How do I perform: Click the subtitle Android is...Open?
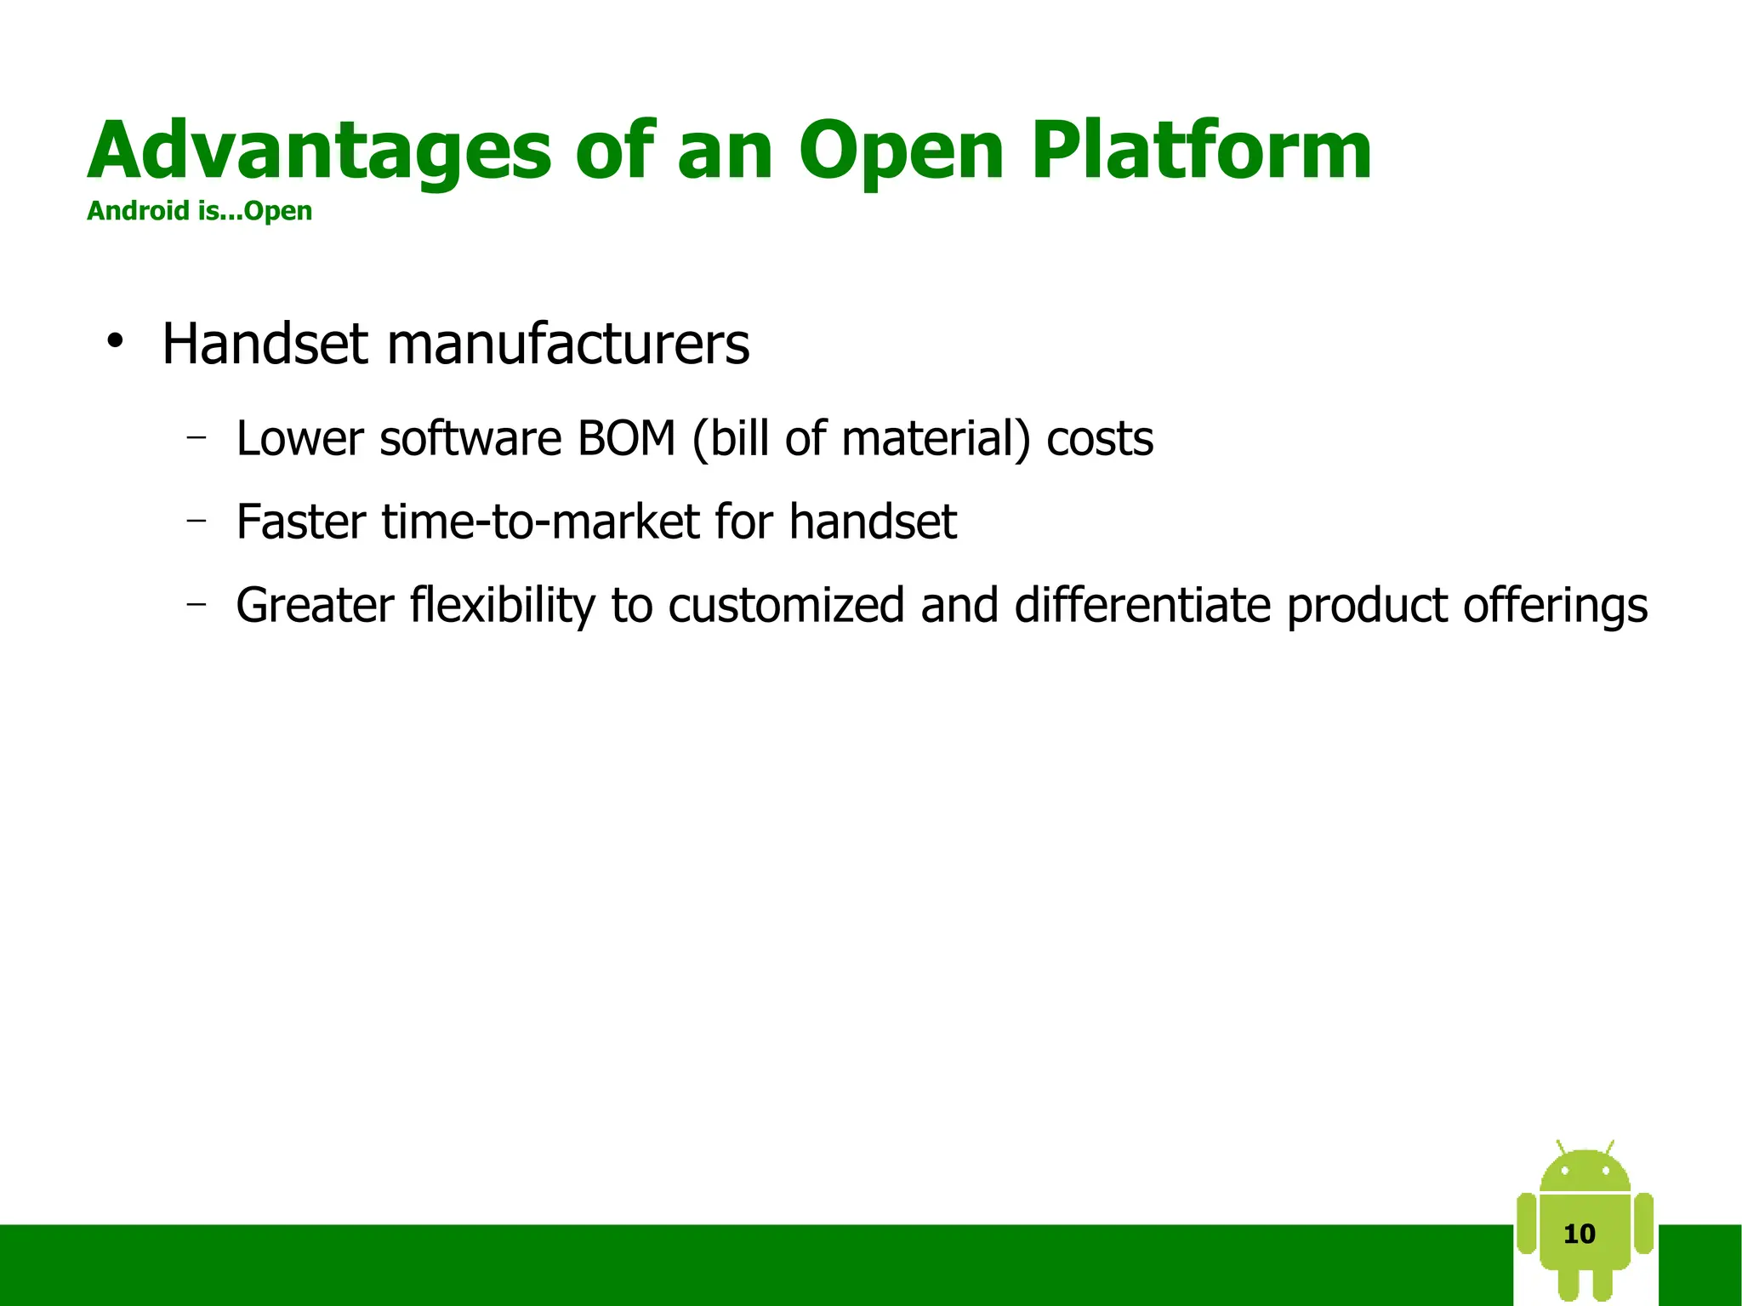[199, 211]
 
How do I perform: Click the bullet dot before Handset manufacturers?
[115, 343]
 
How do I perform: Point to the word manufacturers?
[567, 345]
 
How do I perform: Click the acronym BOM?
[625, 439]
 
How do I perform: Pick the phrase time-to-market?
[540, 522]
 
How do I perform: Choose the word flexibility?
[502, 606]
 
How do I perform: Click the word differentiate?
[1141, 606]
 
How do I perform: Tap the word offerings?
[1555, 606]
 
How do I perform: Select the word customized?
[785, 606]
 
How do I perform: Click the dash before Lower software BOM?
[196, 437]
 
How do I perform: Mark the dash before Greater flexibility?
[196, 604]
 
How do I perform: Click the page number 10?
[1579, 1235]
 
